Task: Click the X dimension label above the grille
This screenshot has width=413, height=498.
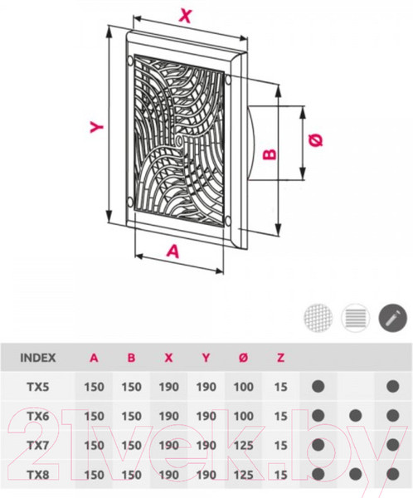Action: coord(186,15)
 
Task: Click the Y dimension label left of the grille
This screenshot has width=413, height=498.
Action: coord(96,127)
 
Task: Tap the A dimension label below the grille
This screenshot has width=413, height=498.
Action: coord(173,251)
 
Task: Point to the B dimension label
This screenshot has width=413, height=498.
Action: coord(270,154)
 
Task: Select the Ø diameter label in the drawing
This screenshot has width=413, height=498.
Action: coord(316,140)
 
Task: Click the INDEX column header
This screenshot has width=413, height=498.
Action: coord(38,358)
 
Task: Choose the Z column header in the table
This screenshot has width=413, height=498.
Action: coord(280,358)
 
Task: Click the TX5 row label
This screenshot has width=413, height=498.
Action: coord(38,387)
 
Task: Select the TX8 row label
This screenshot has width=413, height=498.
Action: coord(38,475)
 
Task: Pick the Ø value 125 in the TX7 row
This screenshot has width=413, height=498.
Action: coord(244,446)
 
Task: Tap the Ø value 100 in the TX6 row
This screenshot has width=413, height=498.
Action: coord(244,417)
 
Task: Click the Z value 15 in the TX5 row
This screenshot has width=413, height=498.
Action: coord(280,387)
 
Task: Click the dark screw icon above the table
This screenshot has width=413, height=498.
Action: coord(393,318)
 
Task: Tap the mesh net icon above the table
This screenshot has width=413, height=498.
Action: coord(318,318)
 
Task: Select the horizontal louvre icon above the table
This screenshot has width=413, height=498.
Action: coord(356,318)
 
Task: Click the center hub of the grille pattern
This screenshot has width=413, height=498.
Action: coord(179,139)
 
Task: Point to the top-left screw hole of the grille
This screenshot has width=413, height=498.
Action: coord(130,61)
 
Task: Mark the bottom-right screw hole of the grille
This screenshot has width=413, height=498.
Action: coord(227,222)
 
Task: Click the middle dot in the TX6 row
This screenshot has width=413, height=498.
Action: coord(356,415)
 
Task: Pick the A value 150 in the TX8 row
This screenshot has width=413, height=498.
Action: coord(94,475)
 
